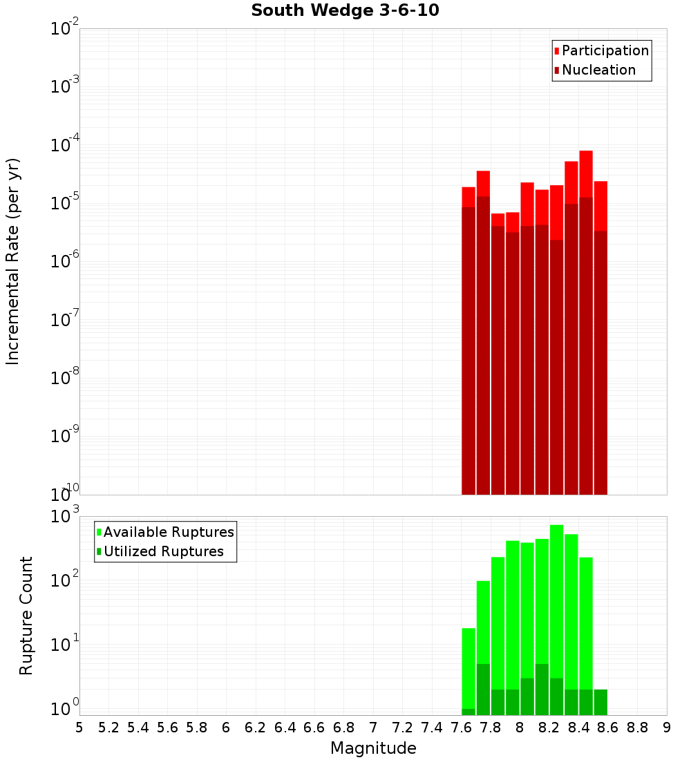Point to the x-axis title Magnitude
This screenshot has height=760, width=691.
[373, 748]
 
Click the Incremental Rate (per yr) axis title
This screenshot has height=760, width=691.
[13, 262]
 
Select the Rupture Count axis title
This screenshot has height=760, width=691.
[26, 616]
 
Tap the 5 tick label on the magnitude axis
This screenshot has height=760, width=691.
[79, 727]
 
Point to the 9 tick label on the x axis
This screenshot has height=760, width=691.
[666, 727]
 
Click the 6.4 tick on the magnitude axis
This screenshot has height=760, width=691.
[285, 727]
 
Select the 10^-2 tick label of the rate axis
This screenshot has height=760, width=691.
[65, 29]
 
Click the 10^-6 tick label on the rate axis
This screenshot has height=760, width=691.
[65, 261]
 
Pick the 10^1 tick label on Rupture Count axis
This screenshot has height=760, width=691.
[65, 645]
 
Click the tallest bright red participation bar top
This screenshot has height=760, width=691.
[586, 152]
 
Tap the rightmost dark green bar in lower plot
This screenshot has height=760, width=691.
[600, 701]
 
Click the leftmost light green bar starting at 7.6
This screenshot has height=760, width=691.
[468, 667]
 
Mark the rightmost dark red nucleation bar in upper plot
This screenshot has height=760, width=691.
[600, 359]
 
